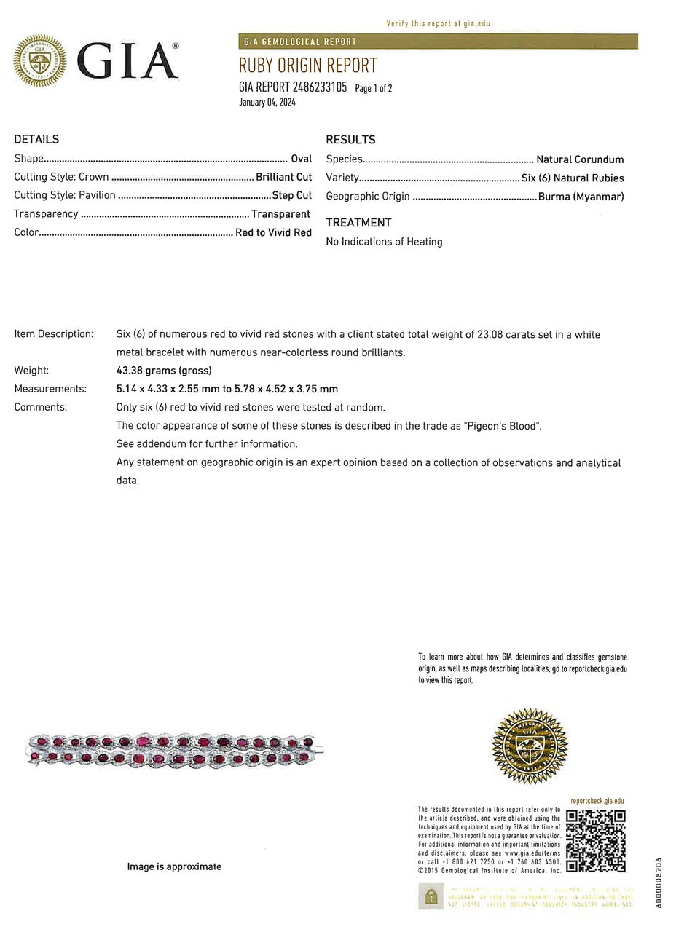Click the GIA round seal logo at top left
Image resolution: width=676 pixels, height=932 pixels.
click(39, 60)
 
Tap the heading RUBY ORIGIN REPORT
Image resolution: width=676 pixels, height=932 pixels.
click(308, 66)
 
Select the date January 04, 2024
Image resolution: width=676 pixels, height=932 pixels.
click(267, 103)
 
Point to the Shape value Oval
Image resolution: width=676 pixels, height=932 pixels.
click(301, 159)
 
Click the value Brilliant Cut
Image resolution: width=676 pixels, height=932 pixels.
click(283, 177)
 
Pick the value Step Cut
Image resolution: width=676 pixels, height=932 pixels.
click(291, 195)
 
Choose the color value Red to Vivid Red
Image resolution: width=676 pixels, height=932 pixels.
click(273, 233)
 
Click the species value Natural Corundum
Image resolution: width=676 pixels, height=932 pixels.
click(580, 159)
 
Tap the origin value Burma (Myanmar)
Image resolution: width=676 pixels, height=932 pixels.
click(581, 197)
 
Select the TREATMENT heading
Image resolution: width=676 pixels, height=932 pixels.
click(358, 223)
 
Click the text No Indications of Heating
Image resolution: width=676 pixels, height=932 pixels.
click(384, 242)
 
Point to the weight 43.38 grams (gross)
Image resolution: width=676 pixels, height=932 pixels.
click(164, 371)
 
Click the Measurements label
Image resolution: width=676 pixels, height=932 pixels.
click(50, 389)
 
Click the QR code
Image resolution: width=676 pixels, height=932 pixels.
click(595, 840)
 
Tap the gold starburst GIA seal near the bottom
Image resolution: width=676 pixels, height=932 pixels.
click(530, 747)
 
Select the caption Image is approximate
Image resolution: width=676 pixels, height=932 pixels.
click(174, 866)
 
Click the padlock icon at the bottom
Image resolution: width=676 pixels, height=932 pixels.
click(431, 896)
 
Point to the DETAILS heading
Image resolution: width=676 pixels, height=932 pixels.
click(36, 139)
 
